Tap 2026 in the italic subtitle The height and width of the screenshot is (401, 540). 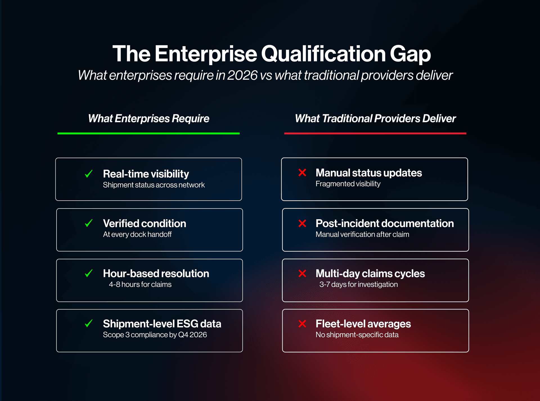[242, 75]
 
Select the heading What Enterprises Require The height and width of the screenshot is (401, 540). [148, 119]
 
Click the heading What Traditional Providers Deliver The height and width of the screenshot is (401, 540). [375, 119]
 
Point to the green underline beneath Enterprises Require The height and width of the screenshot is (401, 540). [148, 133]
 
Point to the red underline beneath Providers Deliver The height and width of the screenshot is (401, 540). [375, 133]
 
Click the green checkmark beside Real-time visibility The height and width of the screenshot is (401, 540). [89, 174]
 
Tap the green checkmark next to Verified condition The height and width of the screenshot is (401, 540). [89, 223]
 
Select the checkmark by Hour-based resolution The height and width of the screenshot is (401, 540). [89, 273]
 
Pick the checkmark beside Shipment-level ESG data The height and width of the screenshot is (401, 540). [89, 323]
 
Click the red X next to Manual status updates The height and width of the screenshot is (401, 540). [302, 173]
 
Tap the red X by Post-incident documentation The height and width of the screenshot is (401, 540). [302, 223]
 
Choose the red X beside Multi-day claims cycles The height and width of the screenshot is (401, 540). [302, 273]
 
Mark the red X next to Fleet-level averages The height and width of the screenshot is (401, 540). [302, 324]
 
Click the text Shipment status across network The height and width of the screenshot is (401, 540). [154, 185]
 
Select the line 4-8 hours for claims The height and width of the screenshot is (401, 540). [140, 284]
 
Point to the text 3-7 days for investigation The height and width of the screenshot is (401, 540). [358, 284]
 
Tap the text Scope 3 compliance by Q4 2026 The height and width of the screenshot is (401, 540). [155, 335]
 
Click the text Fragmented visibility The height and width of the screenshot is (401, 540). [348, 184]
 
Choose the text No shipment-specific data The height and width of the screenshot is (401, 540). [357, 335]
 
